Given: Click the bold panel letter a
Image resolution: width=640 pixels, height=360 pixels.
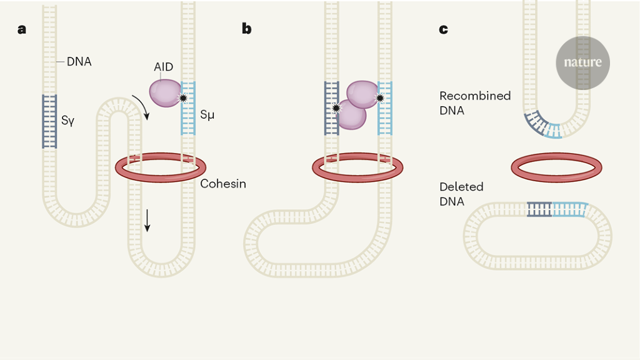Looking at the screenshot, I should pyautogui.click(x=22, y=29).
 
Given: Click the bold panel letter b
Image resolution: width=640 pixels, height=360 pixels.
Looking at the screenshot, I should pyautogui.click(x=247, y=29).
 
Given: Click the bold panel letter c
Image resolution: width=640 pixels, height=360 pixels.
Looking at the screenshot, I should pyautogui.click(x=444, y=29).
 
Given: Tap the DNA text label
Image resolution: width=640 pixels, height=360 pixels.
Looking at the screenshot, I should pyautogui.click(x=79, y=62).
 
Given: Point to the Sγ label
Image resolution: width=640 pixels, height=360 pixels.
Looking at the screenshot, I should pyautogui.click(x=68, y=121).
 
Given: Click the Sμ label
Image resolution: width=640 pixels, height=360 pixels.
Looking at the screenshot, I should pyautogui.click(x=208, y=115).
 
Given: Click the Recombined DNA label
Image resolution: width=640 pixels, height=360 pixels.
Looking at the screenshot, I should pyautogui.click(x=475, y=102).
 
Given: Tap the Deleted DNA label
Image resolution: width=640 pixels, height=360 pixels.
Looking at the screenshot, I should pyautogui.click(x=461, y=194).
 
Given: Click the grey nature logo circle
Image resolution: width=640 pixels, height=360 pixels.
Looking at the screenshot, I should pyautogui.click(x=582, y=62).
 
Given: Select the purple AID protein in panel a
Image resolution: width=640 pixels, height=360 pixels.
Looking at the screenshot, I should pyautogui.click(x=164, y=92).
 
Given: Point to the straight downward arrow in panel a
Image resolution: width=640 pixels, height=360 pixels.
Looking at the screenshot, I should pyautogui.click(x=147, y=220).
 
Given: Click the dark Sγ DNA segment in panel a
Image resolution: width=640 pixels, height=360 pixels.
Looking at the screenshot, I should pyautogui.click(x=49, y=121).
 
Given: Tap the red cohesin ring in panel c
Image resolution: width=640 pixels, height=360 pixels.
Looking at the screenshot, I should pyautogui.click(x=556, y=167).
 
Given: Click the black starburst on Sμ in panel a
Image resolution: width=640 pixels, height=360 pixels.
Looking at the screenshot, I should pyautogui.click(x=183, y=98).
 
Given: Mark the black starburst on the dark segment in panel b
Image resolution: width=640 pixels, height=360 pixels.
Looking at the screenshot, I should pyautogui.click(x=337, y=107).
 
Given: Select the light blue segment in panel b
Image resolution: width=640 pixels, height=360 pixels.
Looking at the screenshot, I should pyautogui.click(x=385, y=108).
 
